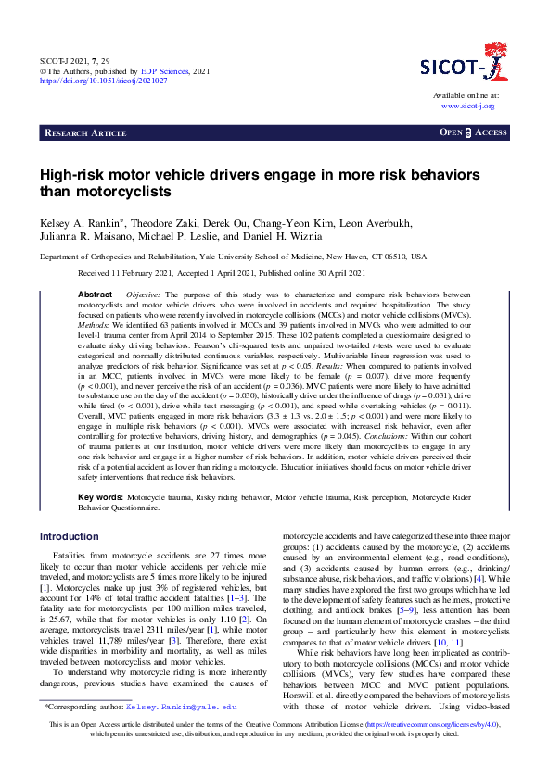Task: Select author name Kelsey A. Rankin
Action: [83, 224]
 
